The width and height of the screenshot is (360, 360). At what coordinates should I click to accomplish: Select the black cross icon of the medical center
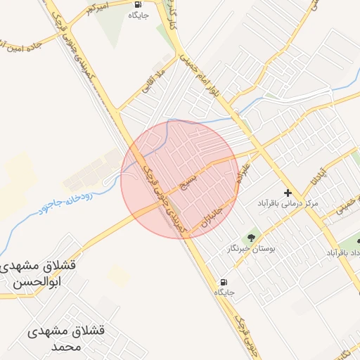[x=287, y=192]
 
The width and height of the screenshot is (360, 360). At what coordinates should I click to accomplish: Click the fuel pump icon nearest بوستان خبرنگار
[x=224, y=281]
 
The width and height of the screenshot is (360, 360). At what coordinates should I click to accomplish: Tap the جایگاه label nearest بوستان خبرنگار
[x=224, y=291]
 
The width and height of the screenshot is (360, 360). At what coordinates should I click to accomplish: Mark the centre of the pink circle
[x=179, y=179]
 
